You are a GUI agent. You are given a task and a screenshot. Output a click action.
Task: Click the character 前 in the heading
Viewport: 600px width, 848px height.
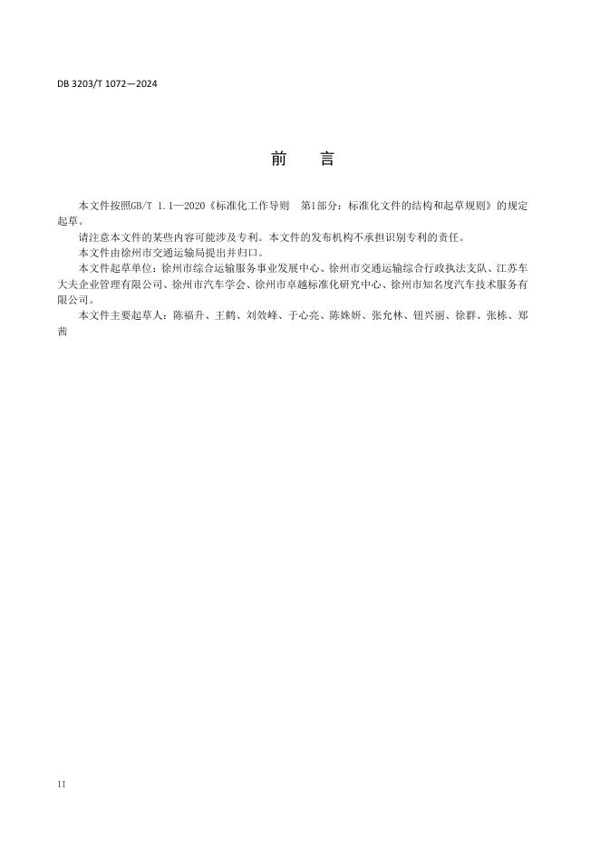coord(278,159)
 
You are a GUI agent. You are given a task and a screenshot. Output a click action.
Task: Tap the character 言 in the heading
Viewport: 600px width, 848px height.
coord(327,159)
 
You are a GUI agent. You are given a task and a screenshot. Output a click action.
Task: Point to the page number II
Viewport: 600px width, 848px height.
coord(61,784)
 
